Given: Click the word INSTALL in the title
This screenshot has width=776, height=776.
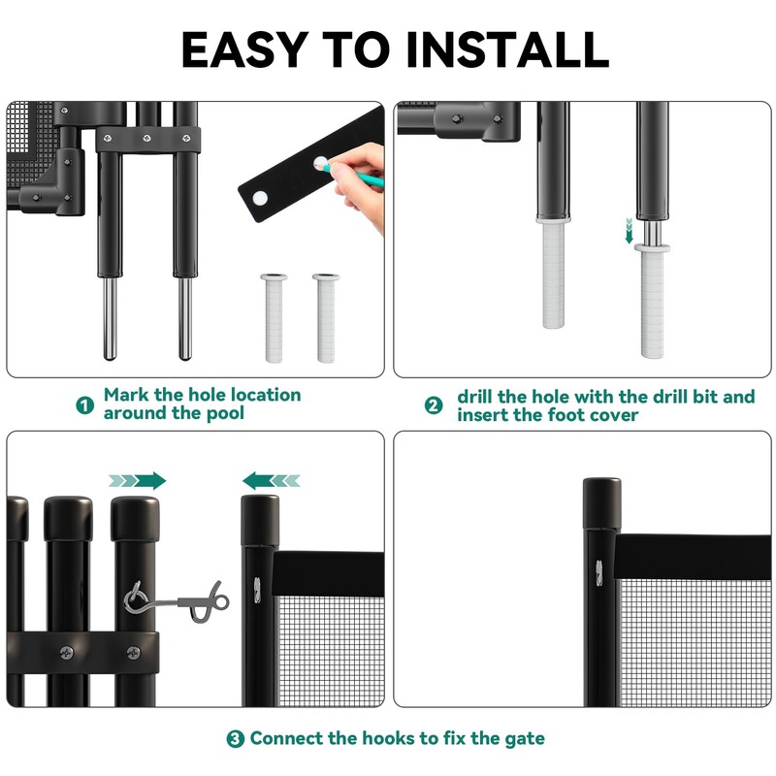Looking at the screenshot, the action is point(507,49).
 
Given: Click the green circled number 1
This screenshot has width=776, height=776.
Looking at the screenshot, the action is point(84,405).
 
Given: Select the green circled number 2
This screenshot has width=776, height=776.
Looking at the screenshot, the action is point(434,405).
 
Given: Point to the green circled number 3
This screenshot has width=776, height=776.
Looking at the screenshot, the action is point(235,739).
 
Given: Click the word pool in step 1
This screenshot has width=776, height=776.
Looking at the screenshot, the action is point(225,414).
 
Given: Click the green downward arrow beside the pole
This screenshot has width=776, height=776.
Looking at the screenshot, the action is point(629,230).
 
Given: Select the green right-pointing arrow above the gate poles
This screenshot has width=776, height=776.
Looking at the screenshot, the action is point(138,480).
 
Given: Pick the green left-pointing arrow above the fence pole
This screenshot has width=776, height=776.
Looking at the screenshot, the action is point(271,480).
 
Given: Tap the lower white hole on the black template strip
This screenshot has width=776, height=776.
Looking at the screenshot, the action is point(260,199).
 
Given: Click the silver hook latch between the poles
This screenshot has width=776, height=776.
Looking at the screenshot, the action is point(177,601).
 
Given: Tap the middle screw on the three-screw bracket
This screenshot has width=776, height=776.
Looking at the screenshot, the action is point(147,139).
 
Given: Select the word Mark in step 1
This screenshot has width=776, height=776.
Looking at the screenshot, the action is point(126,395).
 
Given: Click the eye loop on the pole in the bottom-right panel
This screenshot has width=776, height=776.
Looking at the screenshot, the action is point(598,573).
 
